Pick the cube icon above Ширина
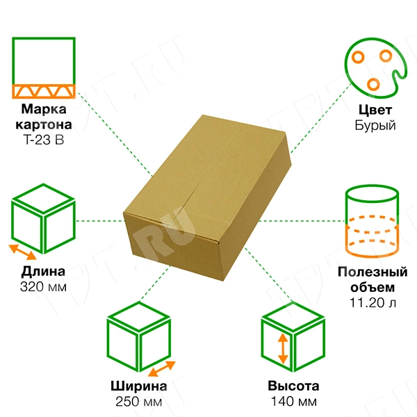tap(139, 341)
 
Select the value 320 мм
tap(44, 286)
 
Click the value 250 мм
tap(138, 402)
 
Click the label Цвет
tap(375, 110)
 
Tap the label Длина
tap(44, 271)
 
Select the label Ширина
tap(138, 387)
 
